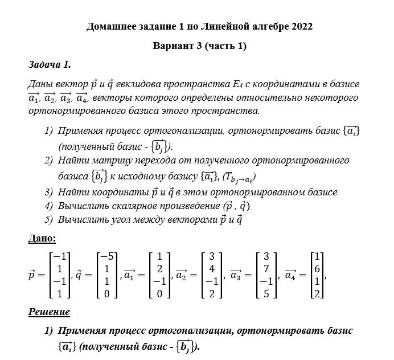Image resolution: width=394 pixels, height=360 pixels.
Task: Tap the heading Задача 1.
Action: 49,64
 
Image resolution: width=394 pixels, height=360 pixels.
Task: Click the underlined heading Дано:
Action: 42,238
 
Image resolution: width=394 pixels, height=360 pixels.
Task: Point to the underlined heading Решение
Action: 49,312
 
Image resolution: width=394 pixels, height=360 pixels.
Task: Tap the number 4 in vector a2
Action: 212,269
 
